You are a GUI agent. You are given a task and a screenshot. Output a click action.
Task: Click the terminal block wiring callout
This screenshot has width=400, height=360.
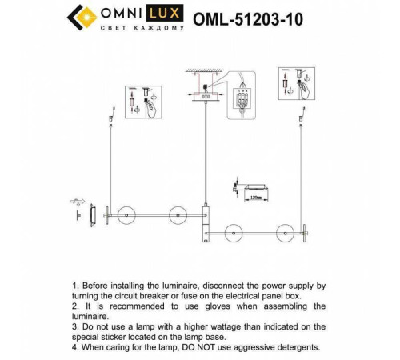243,100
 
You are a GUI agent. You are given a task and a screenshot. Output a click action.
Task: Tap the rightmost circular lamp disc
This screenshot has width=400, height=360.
285,234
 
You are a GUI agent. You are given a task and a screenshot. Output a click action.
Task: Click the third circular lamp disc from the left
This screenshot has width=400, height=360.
234,234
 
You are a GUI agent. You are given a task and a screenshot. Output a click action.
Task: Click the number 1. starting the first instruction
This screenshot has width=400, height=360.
76,285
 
